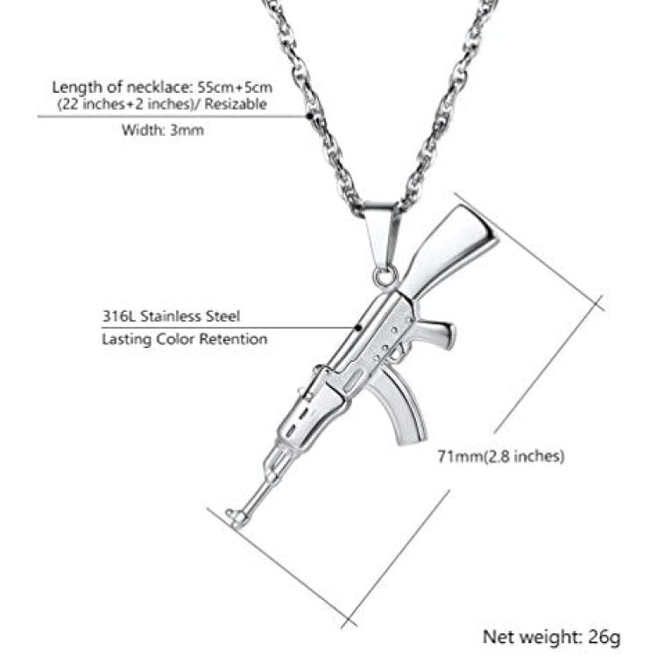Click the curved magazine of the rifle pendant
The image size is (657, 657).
coord(401,408)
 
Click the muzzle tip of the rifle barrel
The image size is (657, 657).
coord(230,513)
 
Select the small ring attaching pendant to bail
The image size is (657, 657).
coord(385,278)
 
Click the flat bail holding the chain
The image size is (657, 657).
coord(381,235)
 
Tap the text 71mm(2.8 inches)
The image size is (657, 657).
coord(501,456)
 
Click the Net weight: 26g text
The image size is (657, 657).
coord(551,637)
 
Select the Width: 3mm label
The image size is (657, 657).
coord(163,130)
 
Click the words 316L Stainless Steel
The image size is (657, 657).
coord(172,316)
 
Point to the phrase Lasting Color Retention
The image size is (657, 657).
coord(185,338)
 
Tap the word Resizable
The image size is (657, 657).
coord(236,104)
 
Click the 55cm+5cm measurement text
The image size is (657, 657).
coord(235,87)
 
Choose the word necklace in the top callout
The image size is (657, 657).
coord(157,87)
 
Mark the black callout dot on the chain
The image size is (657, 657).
coord(309,116)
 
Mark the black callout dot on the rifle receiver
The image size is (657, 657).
coord(358,327)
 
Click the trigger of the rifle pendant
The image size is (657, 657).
coord(403,349)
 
